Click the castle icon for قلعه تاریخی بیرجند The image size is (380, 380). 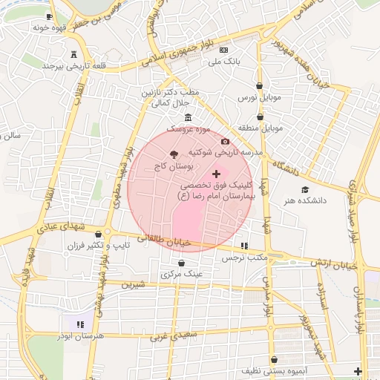coord(73,54)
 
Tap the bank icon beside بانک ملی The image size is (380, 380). coord(224,50)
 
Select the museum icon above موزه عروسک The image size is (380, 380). coord(188,117)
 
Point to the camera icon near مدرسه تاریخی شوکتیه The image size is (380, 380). coord(226,141)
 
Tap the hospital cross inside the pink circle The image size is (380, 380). coord(216,173)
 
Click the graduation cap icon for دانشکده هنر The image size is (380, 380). coord(305,189)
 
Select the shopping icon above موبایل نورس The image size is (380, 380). coord(259,86)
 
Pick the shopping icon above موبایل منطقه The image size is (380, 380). coord(260,117)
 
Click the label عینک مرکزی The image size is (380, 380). coord(181,274)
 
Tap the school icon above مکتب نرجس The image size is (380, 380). coord(244,246)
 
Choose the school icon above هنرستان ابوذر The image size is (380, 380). coord(81,324)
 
